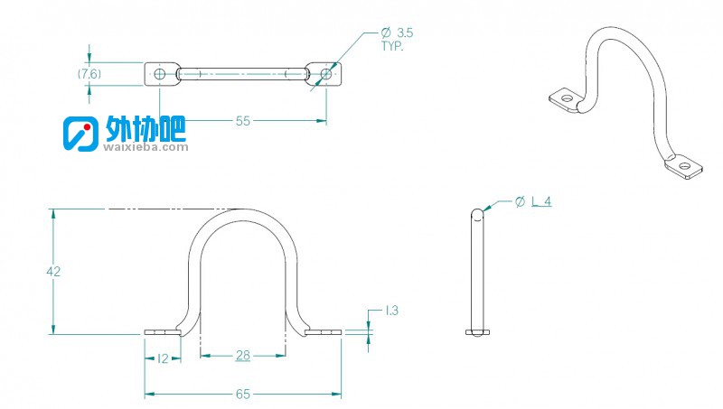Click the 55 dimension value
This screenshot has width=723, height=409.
tap(242, 121)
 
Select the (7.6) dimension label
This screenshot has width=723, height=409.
tap(89, 74)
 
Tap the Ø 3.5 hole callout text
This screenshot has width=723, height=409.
tap(397, 33)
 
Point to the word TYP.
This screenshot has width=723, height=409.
tap(392, 46)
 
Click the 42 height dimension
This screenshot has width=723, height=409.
tap(53, 272)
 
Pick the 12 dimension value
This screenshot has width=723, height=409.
tap(163, 358)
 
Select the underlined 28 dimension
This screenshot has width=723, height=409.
tap(243, 356)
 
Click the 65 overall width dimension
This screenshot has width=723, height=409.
tap(242, 395)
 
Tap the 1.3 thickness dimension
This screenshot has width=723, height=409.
tap(391, 311)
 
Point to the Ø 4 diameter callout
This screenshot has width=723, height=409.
tap(533, 201)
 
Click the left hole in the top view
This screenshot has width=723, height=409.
tap(160, 74)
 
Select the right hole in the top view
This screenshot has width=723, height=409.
tap(326, 74)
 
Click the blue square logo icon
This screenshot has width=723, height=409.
tap(80, 134)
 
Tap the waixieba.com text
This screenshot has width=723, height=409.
tap(146, 147)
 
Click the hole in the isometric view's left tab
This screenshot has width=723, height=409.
tap(566, 98)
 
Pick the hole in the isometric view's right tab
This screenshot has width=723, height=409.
tap(685, 166)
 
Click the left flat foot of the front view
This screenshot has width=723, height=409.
tap(163, 332)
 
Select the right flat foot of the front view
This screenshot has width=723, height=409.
tap(324, 332)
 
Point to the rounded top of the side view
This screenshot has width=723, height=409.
tap(477, 213)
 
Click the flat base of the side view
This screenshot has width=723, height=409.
tap(477, 332)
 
